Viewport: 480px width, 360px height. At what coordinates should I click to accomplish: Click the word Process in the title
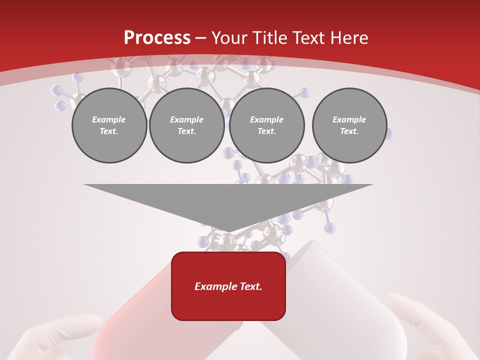pyautogui.click(x=157, y=37)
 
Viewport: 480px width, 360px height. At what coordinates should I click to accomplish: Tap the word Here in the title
pyautogui.click(x=348, y=37)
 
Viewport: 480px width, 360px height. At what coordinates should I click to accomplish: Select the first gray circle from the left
pyautogui.click(x=109, y=125)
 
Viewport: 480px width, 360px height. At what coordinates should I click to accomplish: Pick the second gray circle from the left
pyautogui.click(x=186, y=125)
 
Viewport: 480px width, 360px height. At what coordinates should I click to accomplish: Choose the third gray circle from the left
pyautogui.click(x=266, y=125)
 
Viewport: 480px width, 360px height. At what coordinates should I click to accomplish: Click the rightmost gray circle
pyautogui.click(x=349, y=125)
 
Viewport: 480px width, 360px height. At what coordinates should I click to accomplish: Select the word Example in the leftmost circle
pyautogui.click(x=109, y=119)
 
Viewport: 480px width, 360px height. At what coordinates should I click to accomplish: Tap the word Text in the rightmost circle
pyautogui.click(x=349, y=131)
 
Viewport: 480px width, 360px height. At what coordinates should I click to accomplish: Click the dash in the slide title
pyautogui.click(x=200, y=38)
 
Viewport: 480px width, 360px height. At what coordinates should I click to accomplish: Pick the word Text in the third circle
pyautogui.click(x=266, y=131)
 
